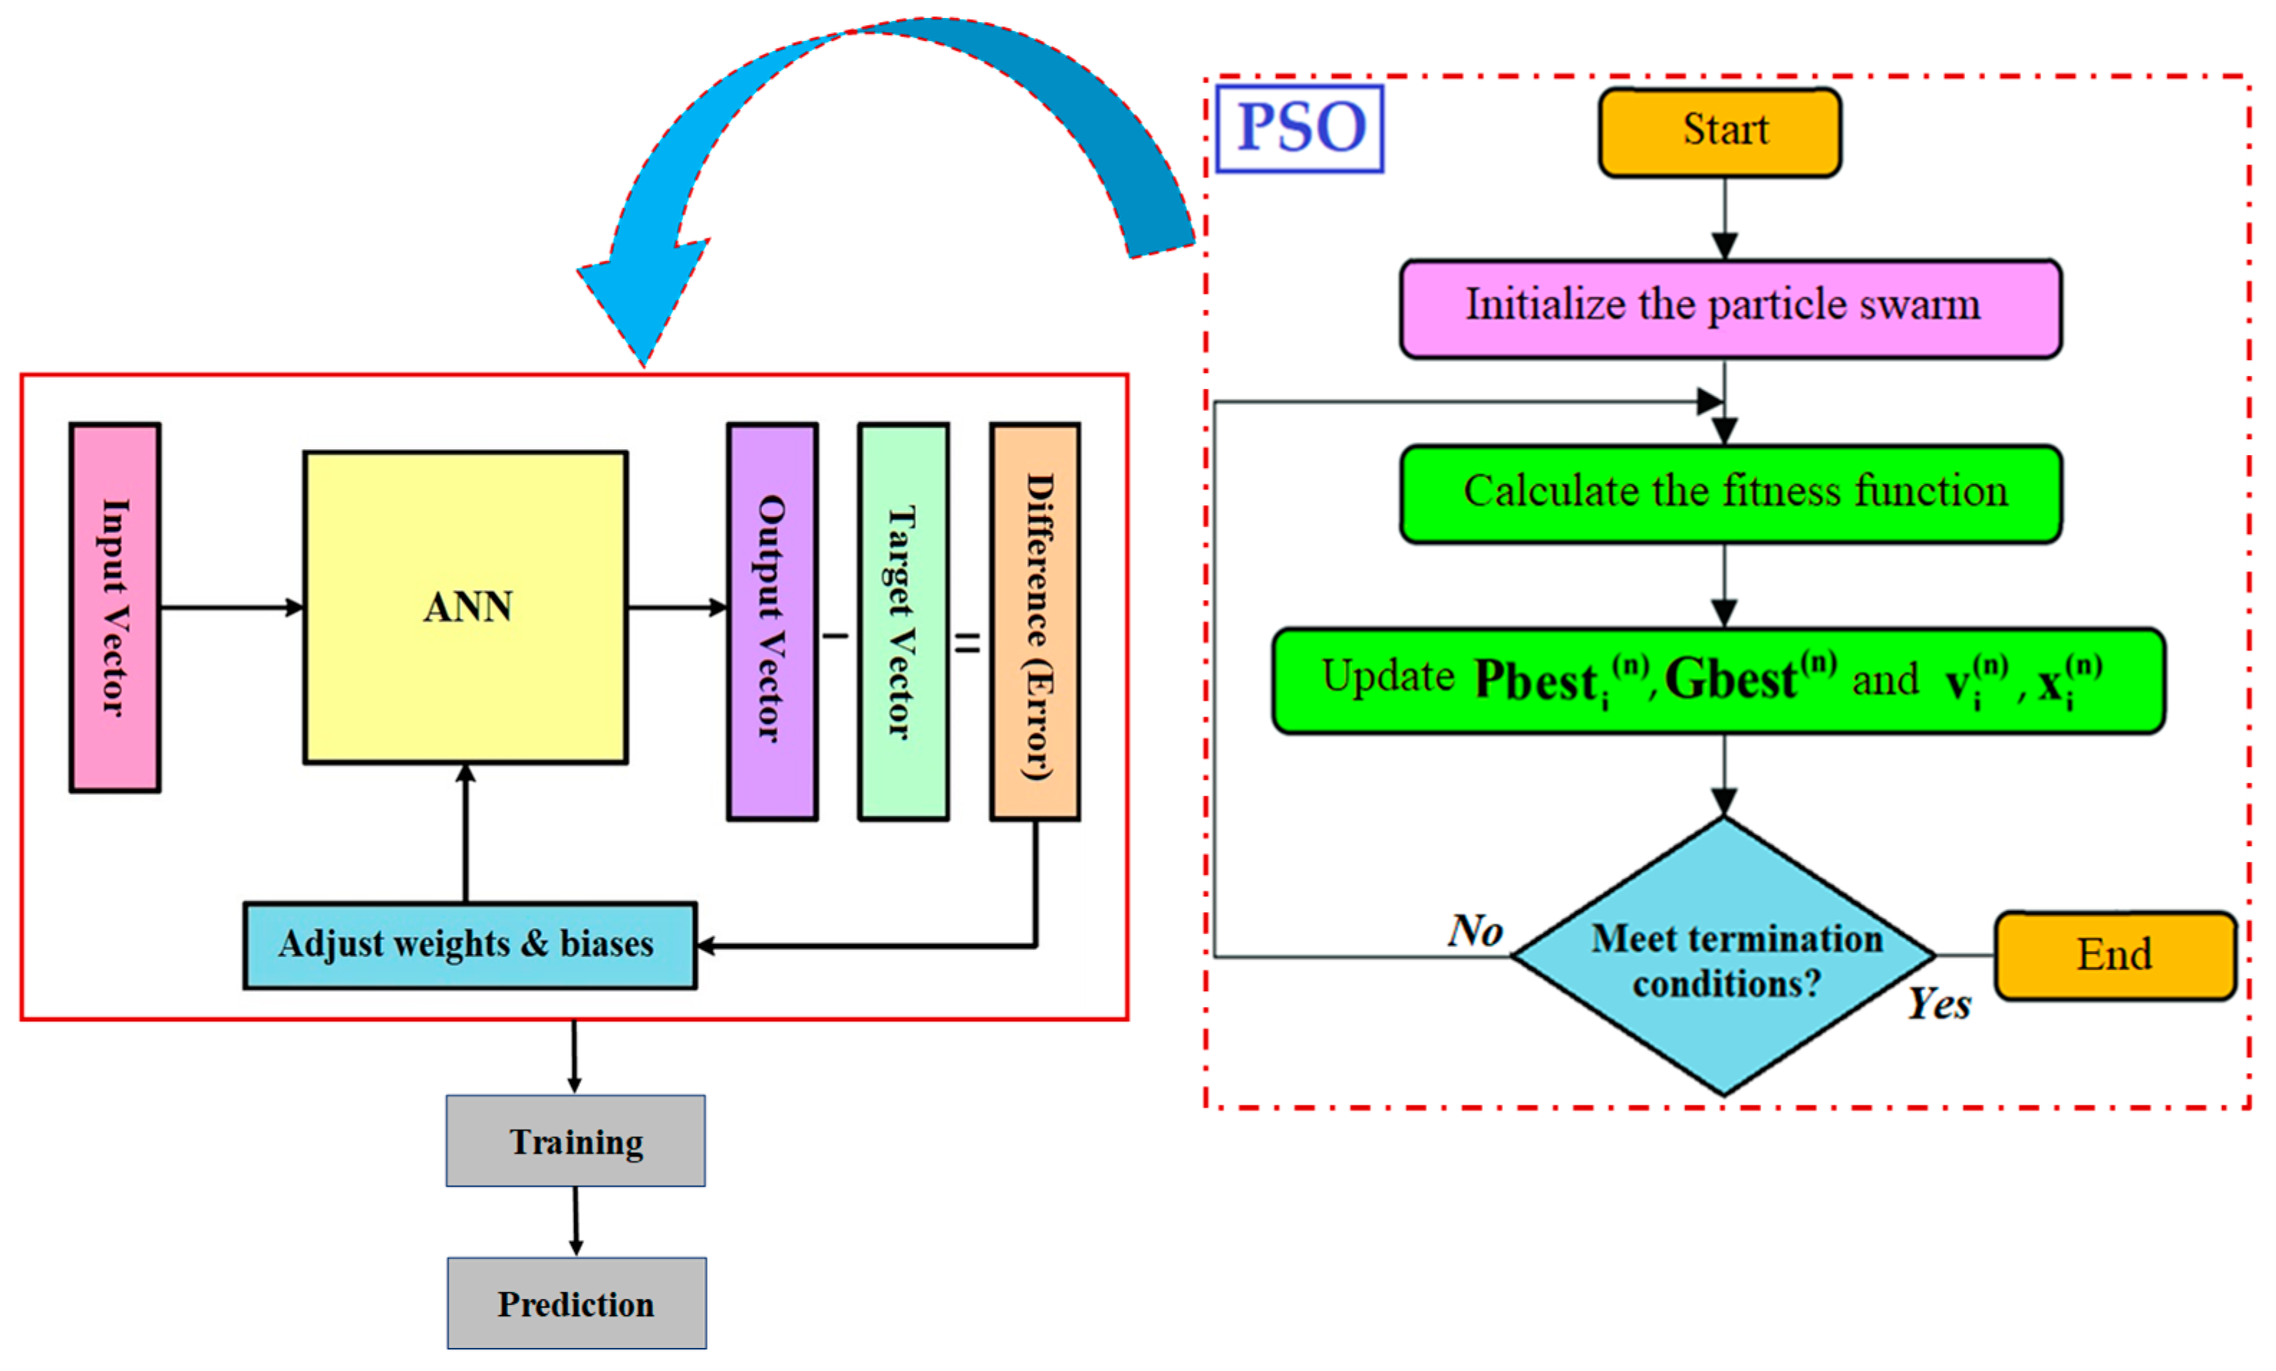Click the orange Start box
(x=1719, y=132)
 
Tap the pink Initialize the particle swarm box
(x=1729, y=309)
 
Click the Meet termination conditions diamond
(x=1723, y=958)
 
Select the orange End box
(x=2113, y=955)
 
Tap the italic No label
(x=1474, y=930)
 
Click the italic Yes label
(x=1938, y=1003)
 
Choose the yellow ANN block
(x=466, y=607)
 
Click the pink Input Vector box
(x=115, y=607)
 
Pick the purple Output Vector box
(x=772, y=621)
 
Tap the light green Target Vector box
(x=902, y=621)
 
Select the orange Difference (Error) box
(x=1034, y=621)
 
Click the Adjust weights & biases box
(x=469, y=945)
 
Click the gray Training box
(x=576, y=1141)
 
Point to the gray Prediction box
(x=576, y=1303)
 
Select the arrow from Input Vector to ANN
(x=231, y=607)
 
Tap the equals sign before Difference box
(x=967, y=642)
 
